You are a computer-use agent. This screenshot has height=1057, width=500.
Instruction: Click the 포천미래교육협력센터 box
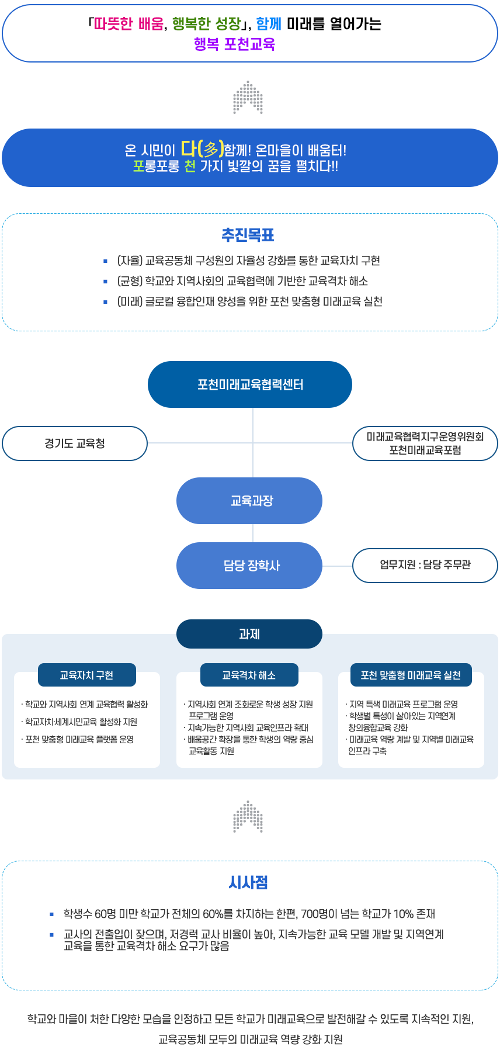pos(250,384)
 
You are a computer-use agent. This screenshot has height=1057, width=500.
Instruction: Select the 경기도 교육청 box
pos(75,443)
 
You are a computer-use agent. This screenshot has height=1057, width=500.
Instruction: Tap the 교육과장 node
pos(249,501)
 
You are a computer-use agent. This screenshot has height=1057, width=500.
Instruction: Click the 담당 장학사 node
pos(249,566)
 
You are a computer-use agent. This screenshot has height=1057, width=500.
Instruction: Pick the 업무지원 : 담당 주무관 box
pos(425,565)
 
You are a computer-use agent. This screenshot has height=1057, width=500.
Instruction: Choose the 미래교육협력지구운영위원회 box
pos(425,443)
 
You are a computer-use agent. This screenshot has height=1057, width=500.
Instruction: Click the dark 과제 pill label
pos(249,634)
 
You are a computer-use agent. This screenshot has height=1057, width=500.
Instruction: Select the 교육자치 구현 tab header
pos(87,675)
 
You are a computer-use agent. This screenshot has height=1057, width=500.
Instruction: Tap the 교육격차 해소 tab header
pos(249,675)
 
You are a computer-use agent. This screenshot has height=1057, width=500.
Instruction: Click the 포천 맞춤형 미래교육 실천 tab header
pos(411,675)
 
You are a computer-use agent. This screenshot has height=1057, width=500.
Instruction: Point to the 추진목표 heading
pos(248,235)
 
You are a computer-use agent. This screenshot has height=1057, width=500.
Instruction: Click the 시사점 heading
pos(248,882)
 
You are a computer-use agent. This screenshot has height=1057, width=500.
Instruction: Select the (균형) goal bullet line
pos(242,281)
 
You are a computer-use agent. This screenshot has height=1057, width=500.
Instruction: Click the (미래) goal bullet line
pos(249,301)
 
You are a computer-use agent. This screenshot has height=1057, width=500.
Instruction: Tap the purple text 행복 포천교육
pos(234,44)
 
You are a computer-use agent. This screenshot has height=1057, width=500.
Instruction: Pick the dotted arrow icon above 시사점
pos(248,816)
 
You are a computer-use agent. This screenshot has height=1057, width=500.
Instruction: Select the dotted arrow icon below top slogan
pos(248,98)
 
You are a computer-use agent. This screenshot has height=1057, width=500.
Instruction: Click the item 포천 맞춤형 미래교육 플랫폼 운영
pos(79,739)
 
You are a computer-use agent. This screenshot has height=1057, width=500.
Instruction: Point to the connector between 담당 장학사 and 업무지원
pos(338,566)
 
